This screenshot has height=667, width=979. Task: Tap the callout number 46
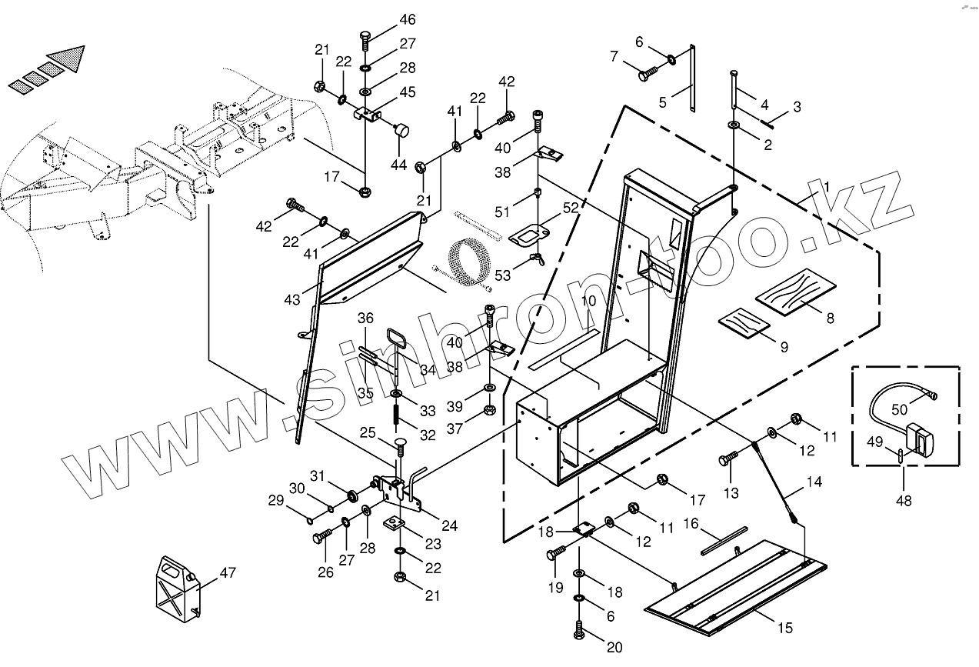coord(407,19)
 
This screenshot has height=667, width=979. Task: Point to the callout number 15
coord(784,629)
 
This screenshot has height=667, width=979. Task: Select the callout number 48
coord(904,501)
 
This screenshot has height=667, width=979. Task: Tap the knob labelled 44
coord(401,132)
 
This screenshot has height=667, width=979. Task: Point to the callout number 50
coord(900,411)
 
